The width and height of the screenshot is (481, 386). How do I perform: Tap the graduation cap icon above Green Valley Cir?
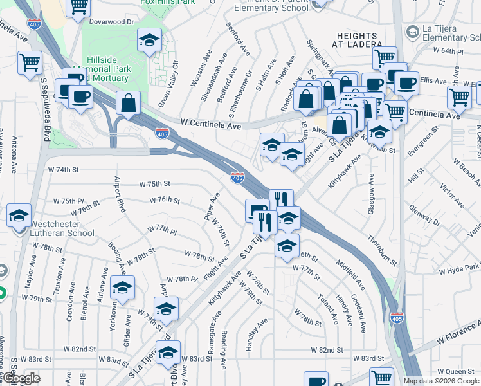150,42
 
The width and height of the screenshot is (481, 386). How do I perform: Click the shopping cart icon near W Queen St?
382,378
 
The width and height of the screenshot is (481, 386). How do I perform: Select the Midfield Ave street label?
350,275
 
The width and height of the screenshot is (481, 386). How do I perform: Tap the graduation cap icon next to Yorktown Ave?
122,289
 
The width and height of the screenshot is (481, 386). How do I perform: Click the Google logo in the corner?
21,378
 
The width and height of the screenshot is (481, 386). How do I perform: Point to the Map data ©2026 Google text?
441,381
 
